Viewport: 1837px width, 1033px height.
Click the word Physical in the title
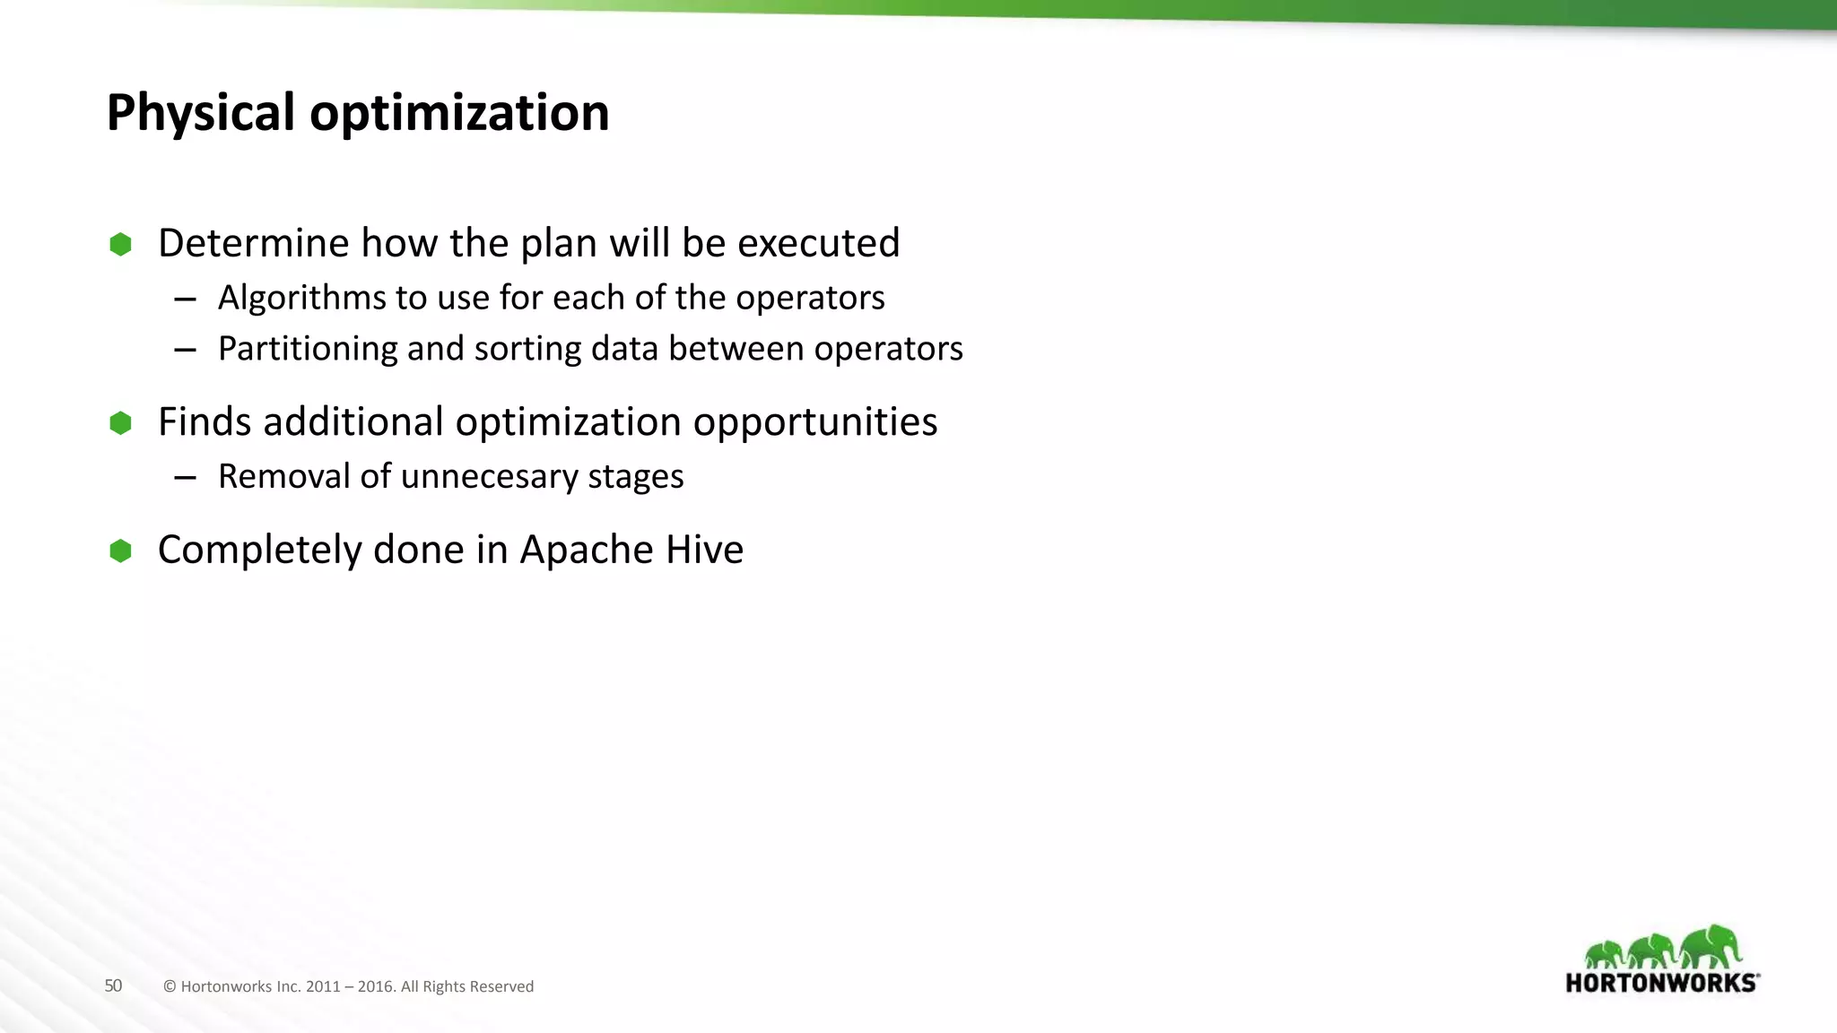coord(200,114)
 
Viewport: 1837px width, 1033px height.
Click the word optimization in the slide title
coord(459,114)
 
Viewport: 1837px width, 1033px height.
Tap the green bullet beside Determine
coord(120,244)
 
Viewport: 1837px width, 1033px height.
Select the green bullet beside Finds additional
coord(120,422)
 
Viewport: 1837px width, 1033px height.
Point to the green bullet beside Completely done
coord(120,551)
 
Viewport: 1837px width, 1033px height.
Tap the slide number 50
coord(113,985)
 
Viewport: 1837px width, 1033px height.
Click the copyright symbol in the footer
coord(170,986)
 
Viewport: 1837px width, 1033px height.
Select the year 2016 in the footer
coord(376,986)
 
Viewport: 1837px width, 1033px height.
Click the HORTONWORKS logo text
coord(1661,983)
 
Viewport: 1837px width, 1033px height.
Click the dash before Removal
coord(185,478)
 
